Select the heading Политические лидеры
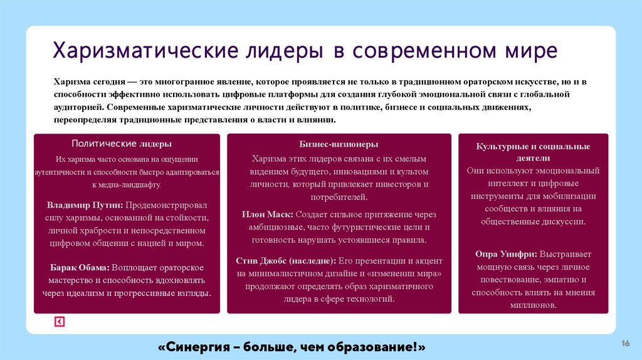coord(122,144)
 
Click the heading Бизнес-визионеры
coord(339,144)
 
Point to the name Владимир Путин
coord(85,205)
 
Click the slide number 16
coord(625,343)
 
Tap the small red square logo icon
coord(60,322)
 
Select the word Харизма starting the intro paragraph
coord(71,82)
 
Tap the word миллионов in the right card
coord(534,305)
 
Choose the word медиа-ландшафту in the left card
coord(126,185)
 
